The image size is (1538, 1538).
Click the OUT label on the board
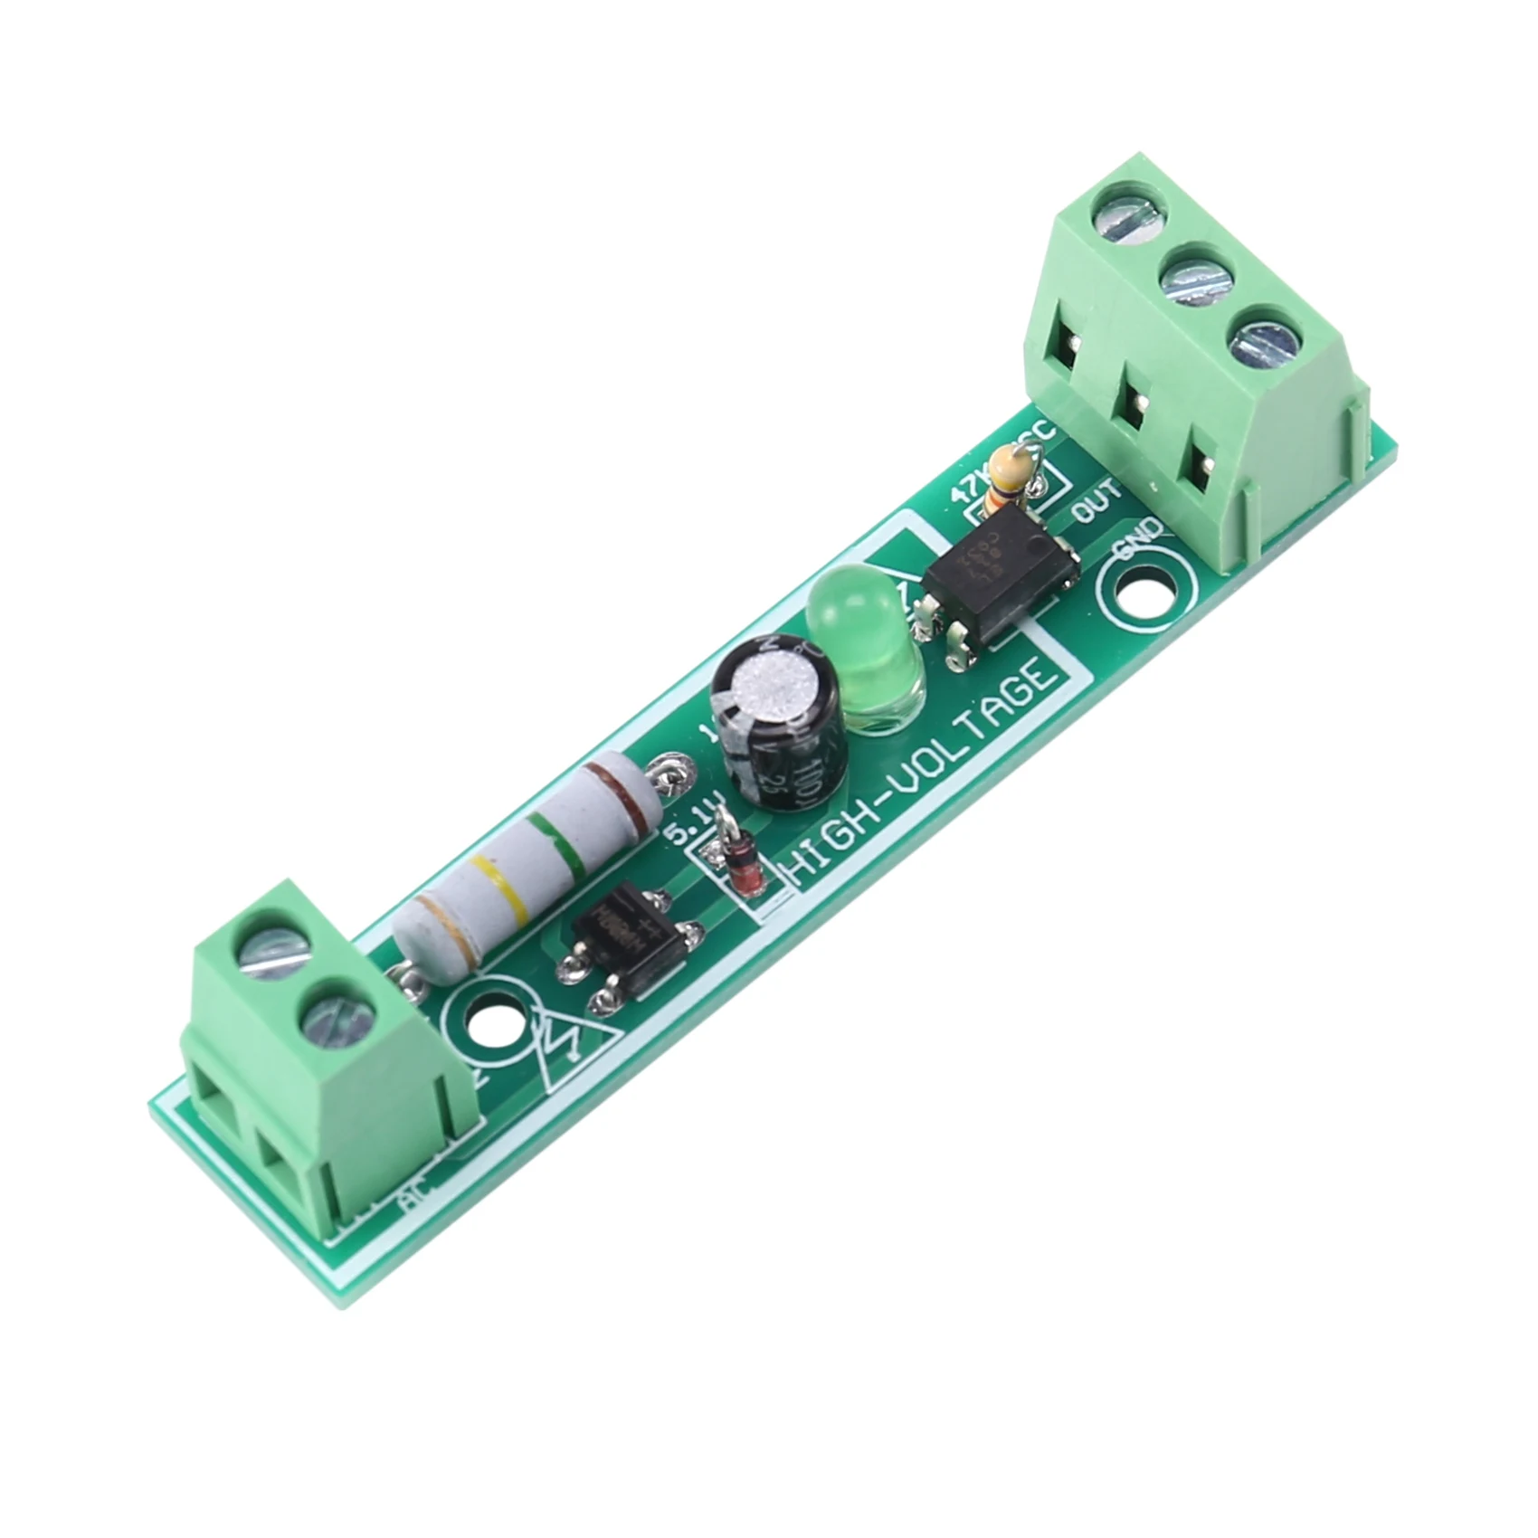tap(1097, 499)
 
